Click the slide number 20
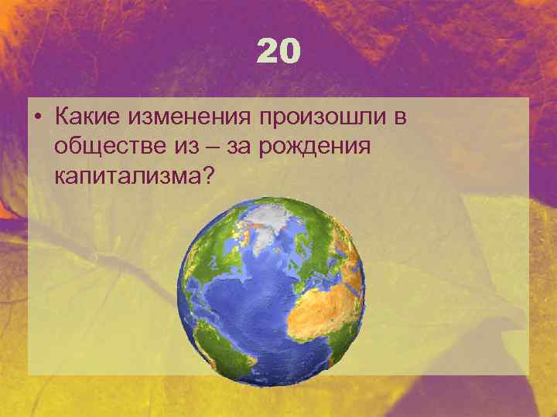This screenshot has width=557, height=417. click(x=278, y=53)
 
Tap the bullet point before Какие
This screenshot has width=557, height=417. click(x=36, y=118)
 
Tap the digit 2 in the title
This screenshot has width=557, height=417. click(x=268, y=53)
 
